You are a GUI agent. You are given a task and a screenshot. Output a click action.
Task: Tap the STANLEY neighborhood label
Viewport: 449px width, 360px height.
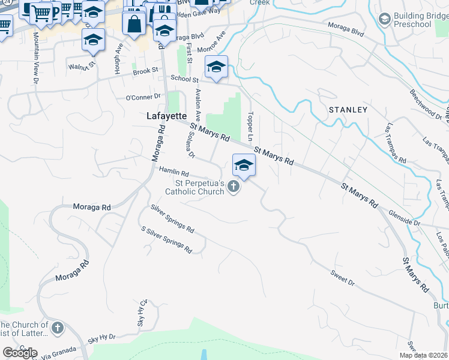348,110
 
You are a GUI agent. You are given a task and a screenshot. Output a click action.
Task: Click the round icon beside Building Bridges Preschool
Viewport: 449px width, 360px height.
384,19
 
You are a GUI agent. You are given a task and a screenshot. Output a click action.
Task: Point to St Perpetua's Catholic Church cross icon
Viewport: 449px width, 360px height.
234,188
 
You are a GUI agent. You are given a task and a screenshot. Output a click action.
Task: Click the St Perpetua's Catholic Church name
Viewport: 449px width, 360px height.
199,187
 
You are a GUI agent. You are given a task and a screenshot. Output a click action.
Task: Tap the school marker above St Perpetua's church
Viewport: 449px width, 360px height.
244,165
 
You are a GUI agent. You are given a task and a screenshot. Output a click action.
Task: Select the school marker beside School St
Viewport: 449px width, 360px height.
216,66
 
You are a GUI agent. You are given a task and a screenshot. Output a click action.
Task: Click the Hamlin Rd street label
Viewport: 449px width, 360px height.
175,172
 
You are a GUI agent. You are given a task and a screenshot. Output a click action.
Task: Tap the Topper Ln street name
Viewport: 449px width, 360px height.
252,122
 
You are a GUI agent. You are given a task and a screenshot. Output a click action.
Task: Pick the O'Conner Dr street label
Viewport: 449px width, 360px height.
143,96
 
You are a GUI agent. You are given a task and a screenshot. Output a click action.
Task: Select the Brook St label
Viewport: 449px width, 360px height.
145,71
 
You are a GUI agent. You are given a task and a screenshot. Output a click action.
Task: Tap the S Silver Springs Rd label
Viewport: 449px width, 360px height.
166,239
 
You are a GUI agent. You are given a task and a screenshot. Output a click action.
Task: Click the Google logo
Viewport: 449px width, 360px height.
20,353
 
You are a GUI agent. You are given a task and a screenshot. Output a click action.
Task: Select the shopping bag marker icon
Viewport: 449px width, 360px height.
134,24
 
